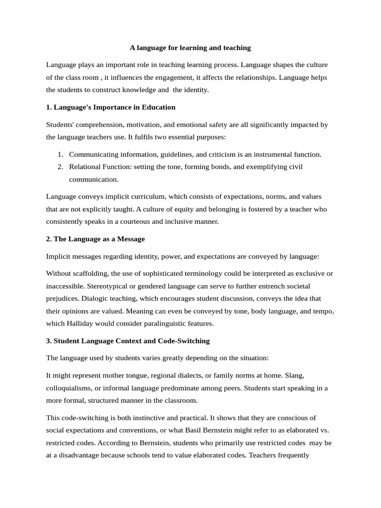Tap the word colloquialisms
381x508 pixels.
[70, 388]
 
